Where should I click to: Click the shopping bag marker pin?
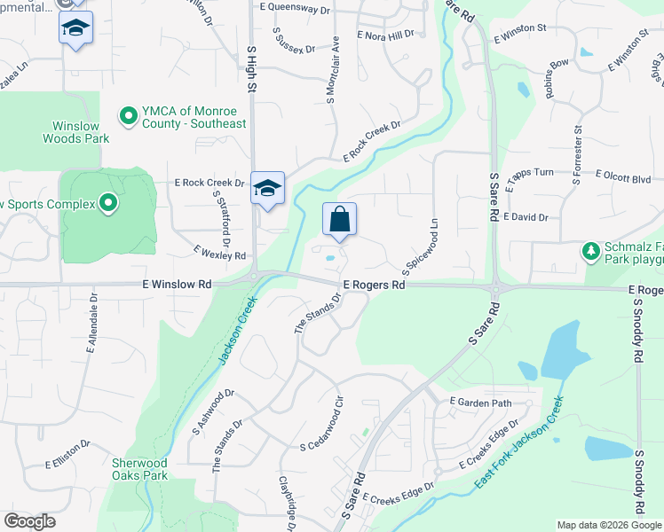pyautogui.click(x=340, y=220)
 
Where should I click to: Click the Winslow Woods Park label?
pyautogui.click(x=75, y=132)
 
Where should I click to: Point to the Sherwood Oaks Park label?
pyautogui.click(x=140, y=469)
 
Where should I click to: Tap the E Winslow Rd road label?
pyautogui.click(x=177, y=285)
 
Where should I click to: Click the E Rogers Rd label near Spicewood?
pyautogui.click(x=374, y=286)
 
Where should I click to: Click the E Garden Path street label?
pyautogui.click(x=481, y=403)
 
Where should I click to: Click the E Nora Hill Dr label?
pyautogui.click(x=385, y=35)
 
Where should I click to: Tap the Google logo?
pyautogui.click(x=29, y=521)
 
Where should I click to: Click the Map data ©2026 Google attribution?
pyautogui.click(x=608, y=525)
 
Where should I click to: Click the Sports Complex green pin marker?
pyautogui.click(x=108, y=205)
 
